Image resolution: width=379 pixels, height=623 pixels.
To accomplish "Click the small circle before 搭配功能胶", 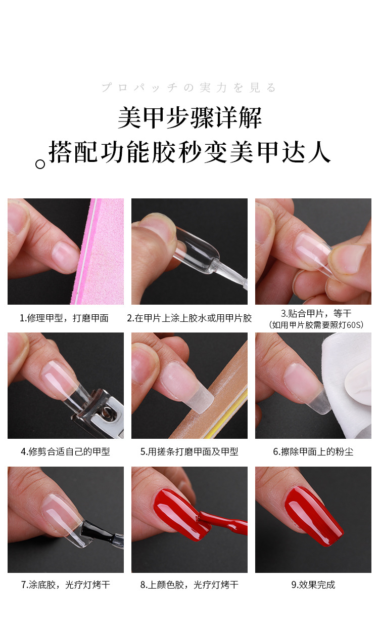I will pos(40,164).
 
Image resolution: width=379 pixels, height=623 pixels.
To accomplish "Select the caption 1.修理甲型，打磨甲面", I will pos(64,318).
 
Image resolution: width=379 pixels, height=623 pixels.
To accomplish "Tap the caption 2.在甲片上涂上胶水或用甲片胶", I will pos(189,318).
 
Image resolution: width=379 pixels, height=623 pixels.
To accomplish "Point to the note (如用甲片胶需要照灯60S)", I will pos(316,325).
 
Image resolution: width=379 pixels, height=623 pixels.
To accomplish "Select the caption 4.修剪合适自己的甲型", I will pos(65,451).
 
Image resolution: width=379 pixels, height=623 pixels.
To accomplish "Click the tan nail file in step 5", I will pos(217,405).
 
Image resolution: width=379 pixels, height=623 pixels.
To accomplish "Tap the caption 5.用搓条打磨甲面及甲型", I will pos(189,451).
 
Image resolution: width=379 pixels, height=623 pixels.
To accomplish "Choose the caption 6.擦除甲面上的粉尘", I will pos(313,451).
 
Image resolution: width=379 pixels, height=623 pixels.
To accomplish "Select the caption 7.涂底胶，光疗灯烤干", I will pos(65,585).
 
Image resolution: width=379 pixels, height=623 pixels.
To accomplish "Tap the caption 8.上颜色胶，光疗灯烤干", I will pos(189,585).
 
